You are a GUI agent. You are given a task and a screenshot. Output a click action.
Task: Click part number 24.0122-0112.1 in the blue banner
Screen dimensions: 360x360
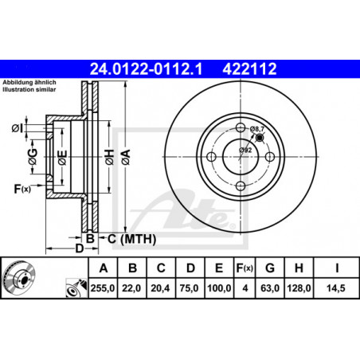146,69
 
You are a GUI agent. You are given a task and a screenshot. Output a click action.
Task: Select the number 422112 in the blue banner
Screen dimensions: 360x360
249,69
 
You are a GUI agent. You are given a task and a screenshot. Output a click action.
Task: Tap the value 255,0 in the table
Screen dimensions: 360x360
103,288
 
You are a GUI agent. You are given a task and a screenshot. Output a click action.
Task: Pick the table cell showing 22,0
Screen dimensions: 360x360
131,288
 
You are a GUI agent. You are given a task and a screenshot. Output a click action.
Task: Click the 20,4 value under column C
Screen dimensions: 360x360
160,288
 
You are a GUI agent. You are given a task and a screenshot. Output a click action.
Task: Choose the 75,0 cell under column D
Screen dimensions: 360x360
190,288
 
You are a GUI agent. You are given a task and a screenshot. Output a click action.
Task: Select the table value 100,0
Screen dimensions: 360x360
219,288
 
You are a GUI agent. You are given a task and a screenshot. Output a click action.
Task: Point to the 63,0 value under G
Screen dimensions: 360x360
270,288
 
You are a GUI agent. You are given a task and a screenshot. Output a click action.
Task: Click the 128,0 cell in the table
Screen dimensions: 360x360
299,288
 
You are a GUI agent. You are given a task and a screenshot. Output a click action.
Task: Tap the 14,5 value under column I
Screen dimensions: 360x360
336,288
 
